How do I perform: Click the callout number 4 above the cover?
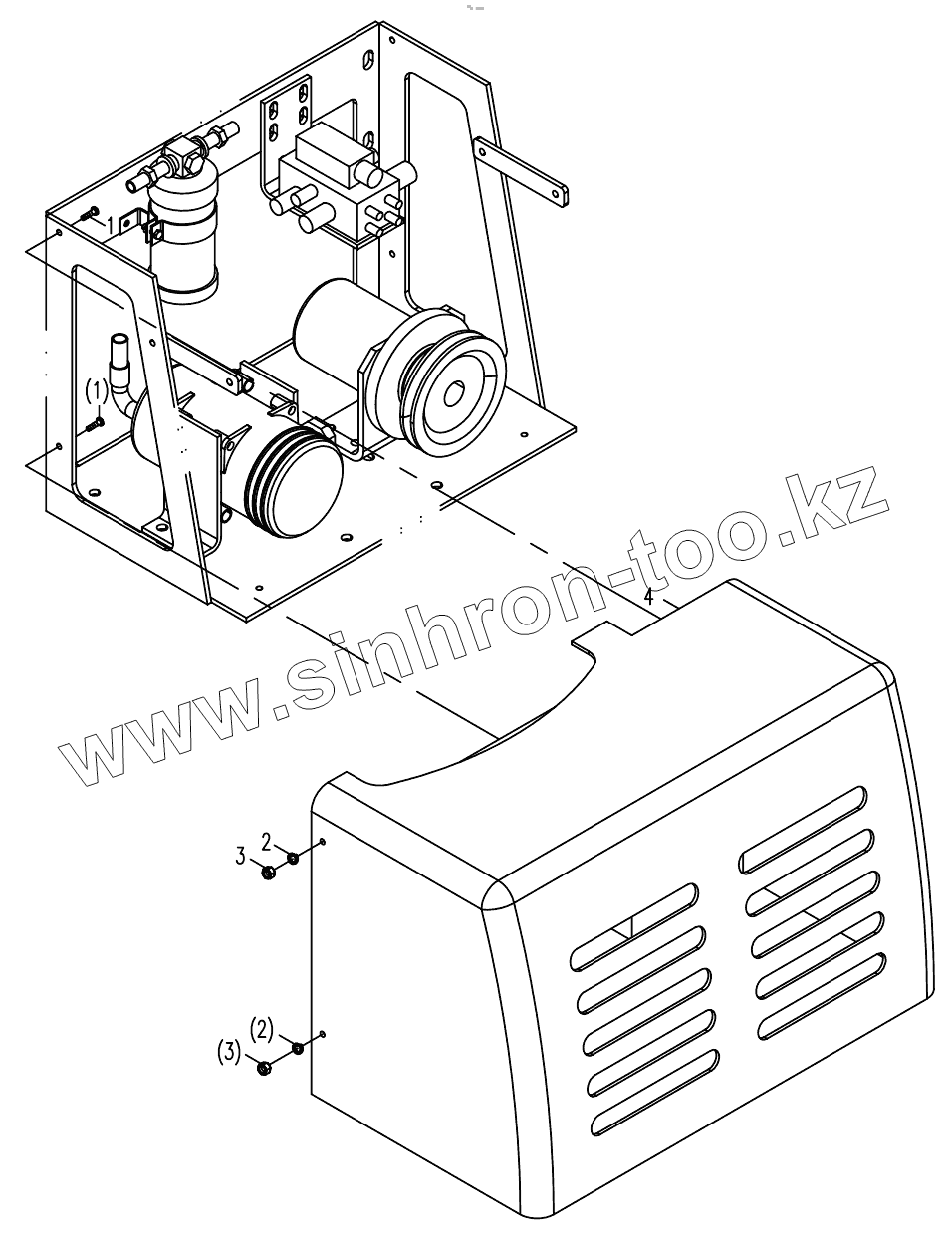click(x=648, y=597)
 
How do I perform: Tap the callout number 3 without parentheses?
click(x=240, y=855)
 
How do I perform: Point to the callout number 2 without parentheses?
click(x=266, y=838)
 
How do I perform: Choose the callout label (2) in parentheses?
click(x=261, y=1027)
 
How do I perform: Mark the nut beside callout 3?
click(x=268, y=873)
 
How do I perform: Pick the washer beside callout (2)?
click(x=297, y=1047)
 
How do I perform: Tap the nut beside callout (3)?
click(x=264, y=1068)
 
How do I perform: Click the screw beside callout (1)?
click(x=95, y=423)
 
